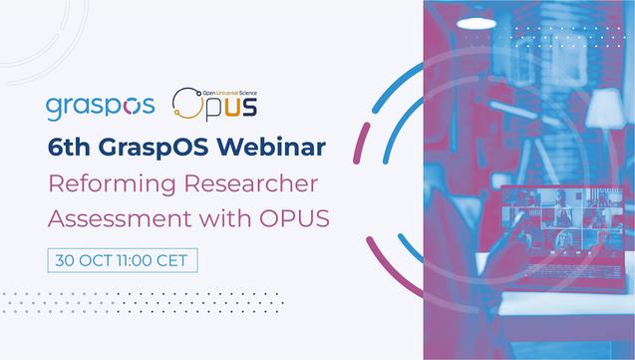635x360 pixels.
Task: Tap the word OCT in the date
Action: (97, 258)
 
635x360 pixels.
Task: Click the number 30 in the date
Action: (67, 258)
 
